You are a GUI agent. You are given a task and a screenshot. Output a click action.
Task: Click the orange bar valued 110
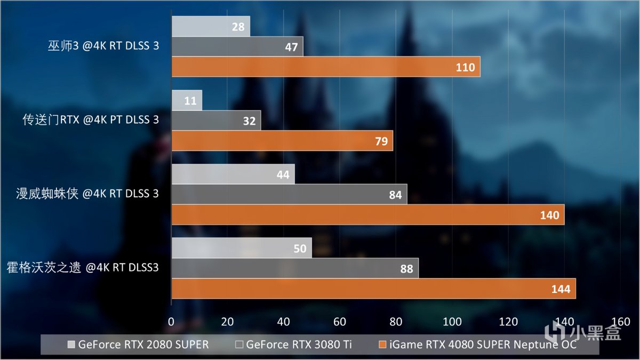pos(325,67)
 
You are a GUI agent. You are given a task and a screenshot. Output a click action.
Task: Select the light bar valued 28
pos(211,26)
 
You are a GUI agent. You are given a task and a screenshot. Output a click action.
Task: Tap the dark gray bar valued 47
pos(237,46)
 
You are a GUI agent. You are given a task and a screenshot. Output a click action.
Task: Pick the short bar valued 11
pos(187,100)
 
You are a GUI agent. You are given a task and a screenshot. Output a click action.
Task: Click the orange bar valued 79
pos(282,141)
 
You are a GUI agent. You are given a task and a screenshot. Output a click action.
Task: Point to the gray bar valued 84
pos(289,195)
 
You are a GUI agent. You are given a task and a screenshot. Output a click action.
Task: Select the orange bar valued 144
pos(373,289)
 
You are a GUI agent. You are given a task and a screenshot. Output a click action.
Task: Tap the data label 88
pos(406,269)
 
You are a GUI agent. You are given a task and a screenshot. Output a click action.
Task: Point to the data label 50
pos(299,249)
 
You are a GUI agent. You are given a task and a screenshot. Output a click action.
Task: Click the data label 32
pos(249,121)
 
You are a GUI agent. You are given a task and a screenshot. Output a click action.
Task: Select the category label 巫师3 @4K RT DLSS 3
pos(103,46)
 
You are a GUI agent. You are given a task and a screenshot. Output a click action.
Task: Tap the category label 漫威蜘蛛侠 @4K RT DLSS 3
pos(87,194)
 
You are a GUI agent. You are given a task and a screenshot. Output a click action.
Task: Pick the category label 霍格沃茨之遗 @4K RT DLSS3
pos(83,267)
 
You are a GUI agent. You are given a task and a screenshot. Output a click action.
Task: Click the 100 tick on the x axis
pos(452,322)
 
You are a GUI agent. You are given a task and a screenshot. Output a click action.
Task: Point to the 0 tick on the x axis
pos(171,322)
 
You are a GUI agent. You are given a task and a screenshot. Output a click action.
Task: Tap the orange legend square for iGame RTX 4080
pos(381,345)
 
